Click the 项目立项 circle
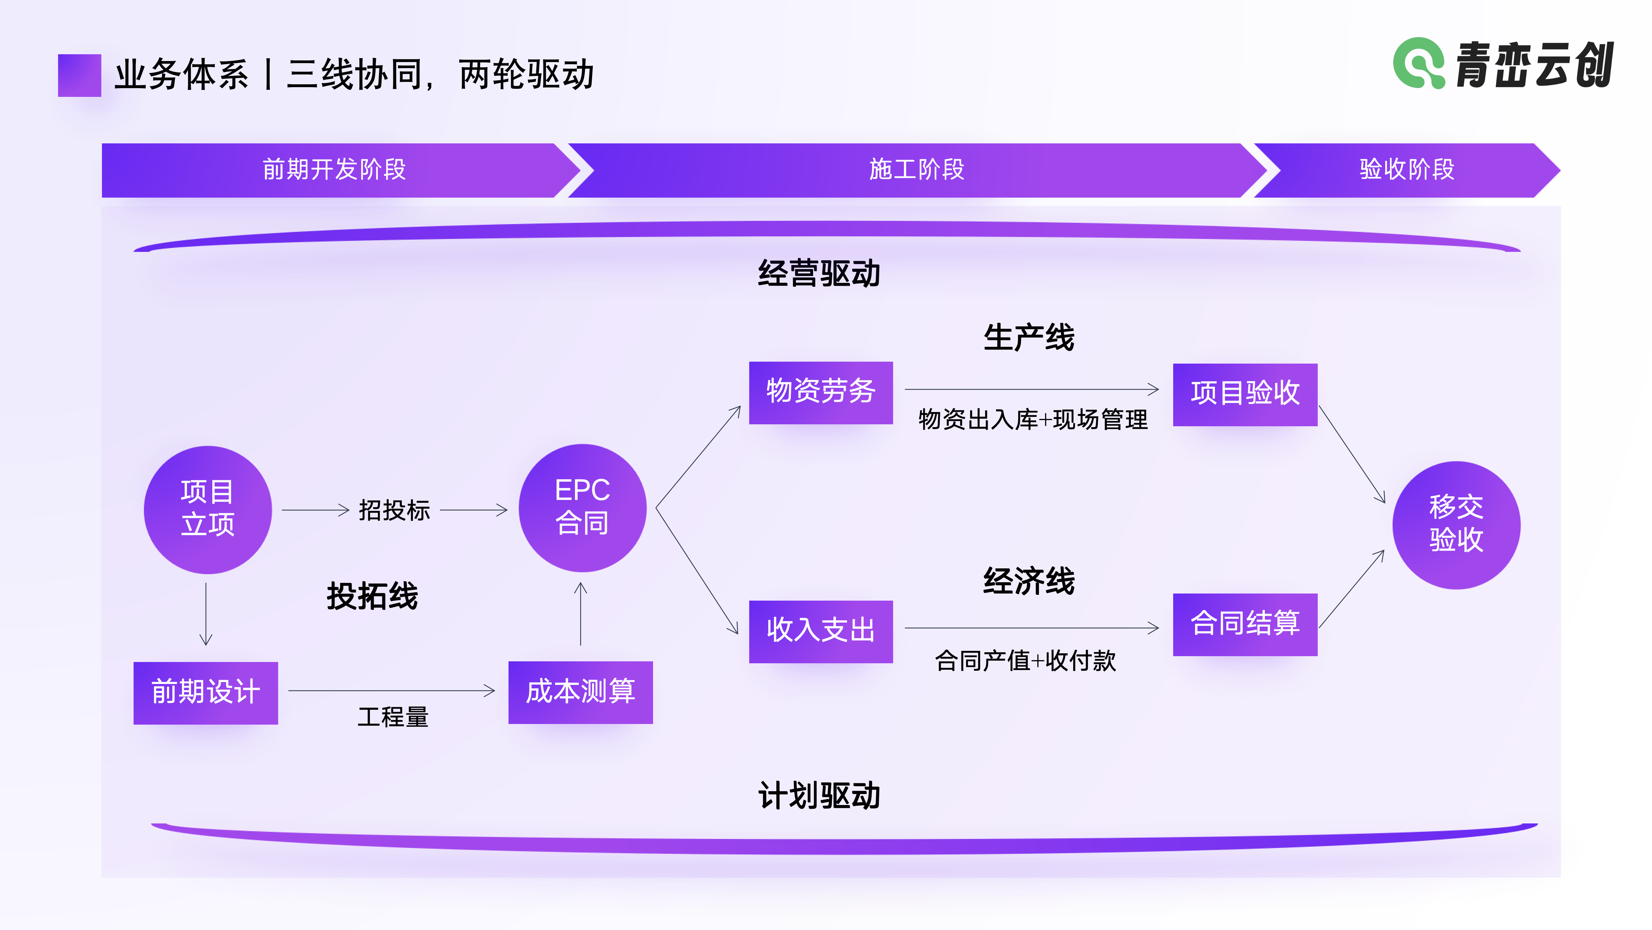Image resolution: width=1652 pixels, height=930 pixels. coord(208,510)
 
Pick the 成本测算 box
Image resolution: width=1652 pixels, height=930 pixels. coord(580,692)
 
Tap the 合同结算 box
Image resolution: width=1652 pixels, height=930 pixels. coord(1245,624)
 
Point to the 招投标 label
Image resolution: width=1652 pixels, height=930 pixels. coord(394,510)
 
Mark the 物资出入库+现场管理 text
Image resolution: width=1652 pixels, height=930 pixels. coord(1032,420)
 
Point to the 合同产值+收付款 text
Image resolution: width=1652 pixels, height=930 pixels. coord(1025,660)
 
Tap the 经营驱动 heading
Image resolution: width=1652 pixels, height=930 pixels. coord(819,274)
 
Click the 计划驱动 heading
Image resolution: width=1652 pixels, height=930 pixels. coord(819,796)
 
